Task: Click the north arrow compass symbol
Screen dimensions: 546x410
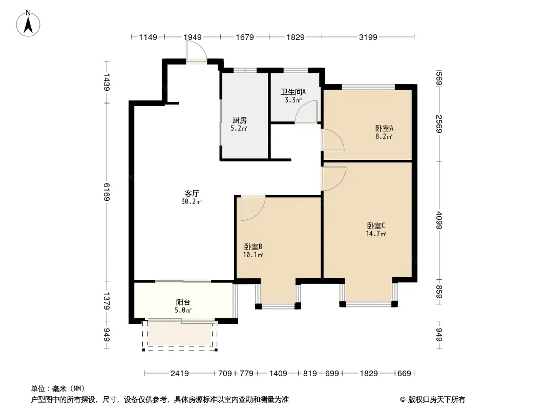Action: (x=28, y=24)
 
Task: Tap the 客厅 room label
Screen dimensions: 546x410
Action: (x=192, y=193)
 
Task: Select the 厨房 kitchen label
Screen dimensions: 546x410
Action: (x=240, y=120)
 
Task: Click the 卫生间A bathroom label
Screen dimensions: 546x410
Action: (x=293, y=92)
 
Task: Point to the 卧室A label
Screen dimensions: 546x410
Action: (x=384, y=128)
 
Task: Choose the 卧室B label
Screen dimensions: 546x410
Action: (x=253, y=247)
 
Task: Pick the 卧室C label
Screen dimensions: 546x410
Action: (x=376, y=225)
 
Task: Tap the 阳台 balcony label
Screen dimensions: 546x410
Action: (x=183, y=302)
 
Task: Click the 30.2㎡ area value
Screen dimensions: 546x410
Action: (x=192, y=202)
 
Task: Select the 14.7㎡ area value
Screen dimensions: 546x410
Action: (x=376, y=234)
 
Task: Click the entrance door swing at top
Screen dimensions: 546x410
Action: (x=196, y=52)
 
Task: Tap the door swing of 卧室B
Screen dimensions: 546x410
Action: (x=253, y=208)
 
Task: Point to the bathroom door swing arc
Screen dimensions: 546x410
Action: (x=306, y=112)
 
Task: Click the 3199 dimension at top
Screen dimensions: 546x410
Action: (x=368, y=37)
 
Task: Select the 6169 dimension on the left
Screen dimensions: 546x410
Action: (x=107, y=192)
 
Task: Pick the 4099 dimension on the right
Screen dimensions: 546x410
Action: (x=439, y=220)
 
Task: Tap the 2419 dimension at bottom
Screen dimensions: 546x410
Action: (x=180, y=374)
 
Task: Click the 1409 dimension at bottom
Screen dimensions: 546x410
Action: (x=278, y=374)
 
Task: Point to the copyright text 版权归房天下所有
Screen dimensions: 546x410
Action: (x=436, y=400)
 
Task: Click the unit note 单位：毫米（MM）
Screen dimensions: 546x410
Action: (x=58, y=388)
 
